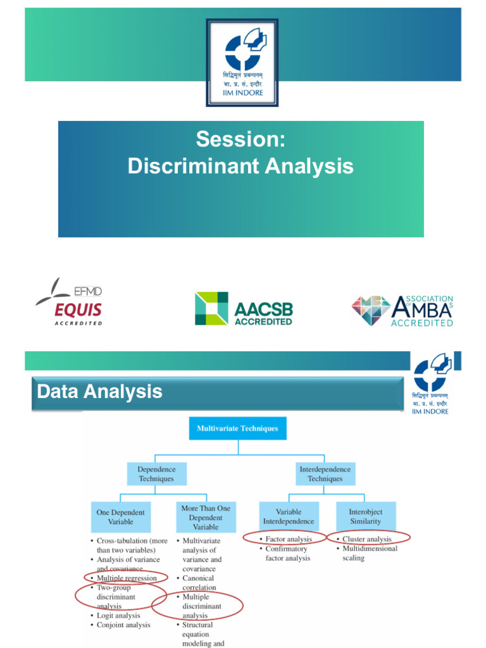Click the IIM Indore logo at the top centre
coord(242,62)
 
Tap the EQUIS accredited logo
coord(69,301)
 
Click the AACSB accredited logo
coord(244,308)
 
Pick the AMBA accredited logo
coord(402,310)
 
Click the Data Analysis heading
coord(100,392)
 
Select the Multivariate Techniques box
coord(237,428)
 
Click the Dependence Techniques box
coord(156,474)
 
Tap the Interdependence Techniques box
coord(325,474)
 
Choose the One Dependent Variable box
coord(120,517)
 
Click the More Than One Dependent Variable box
coord(206,517)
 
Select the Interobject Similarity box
coord(366,516)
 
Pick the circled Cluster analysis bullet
coord(367,539)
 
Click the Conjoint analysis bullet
coord(123,625)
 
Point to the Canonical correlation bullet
coord(199,583)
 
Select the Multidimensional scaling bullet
coord(370,553)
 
